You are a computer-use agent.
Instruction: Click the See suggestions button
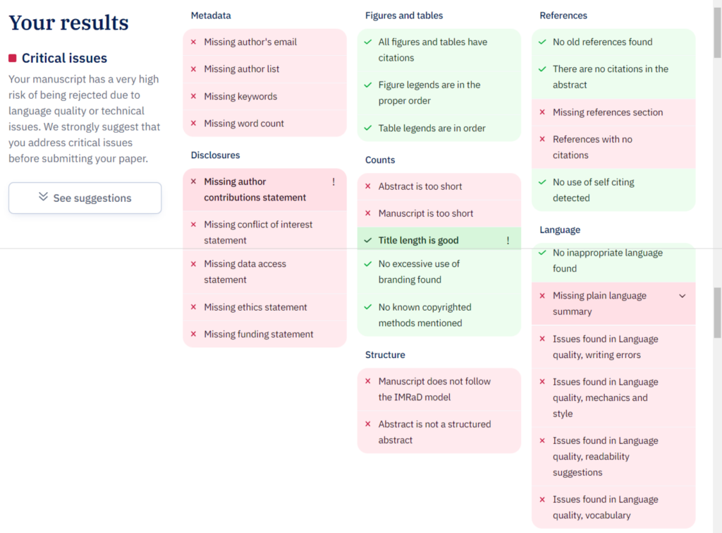(x=85, y=198)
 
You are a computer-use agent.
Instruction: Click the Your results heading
(x=68, y=23)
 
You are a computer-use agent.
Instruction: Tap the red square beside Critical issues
(x=13, y=58)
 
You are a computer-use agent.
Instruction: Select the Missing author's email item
(x=250, y=42)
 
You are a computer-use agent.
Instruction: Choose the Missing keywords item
(x=240, y=97)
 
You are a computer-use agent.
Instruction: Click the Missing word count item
(x=244, y=124)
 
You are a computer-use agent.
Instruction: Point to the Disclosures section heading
(x=215, y=155)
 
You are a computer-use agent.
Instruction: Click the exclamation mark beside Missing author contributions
(x=334, y=182)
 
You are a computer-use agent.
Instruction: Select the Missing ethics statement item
(x=255, y=308)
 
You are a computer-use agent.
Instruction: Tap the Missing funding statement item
(x=259, y=335)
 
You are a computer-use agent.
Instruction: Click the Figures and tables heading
(x=404, y=16)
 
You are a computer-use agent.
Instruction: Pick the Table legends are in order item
(x=432, y=128)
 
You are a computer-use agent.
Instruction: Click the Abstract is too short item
(x=420, y=186)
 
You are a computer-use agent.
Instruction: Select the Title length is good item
(x=418, y=241)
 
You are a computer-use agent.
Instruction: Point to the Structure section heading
(x=385, y=355)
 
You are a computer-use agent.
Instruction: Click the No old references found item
(x=602, y=42)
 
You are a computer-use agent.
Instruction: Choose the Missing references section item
(x=608, y=113)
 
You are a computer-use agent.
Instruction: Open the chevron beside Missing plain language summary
(x=682, y=297)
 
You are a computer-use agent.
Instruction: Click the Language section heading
(x=560, y=230)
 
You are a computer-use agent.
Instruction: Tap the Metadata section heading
(x=211, y=16)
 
